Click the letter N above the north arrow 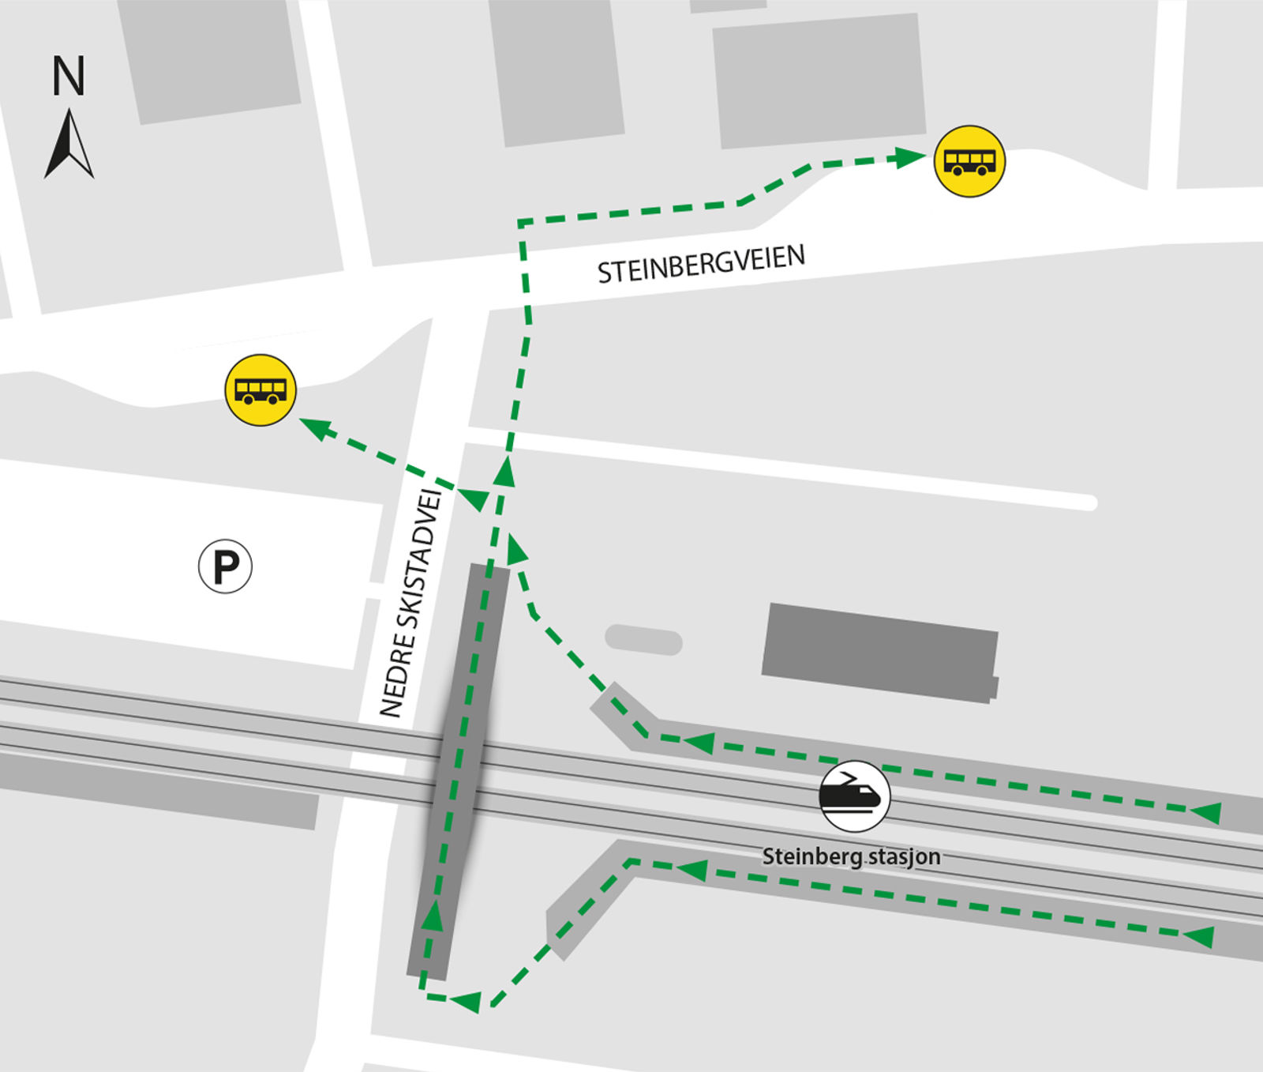pos(69,76)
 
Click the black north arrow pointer pos(69,145)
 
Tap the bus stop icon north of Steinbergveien pos(969,161)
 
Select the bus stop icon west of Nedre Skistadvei pos(260,390)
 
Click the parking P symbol pos(225,566)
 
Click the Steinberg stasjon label pos(851,856)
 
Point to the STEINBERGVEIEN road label pos(701,264)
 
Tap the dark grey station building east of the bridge pos(879,653)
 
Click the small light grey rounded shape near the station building pos(643,639)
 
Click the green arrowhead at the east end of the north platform pos(1206,811)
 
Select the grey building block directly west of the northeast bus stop pos(819,81)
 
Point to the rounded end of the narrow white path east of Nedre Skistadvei pos(1089,502)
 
